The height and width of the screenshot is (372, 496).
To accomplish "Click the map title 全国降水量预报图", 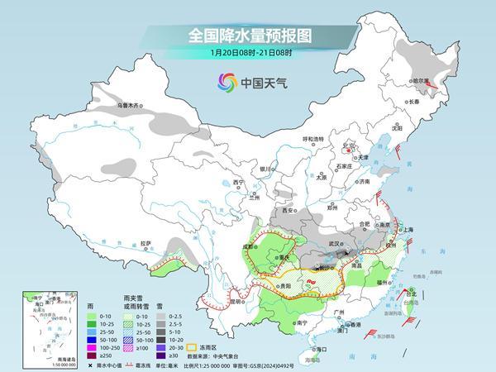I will (x=248, y=36).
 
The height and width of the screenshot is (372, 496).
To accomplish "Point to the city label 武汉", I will (x=335, y=244).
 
